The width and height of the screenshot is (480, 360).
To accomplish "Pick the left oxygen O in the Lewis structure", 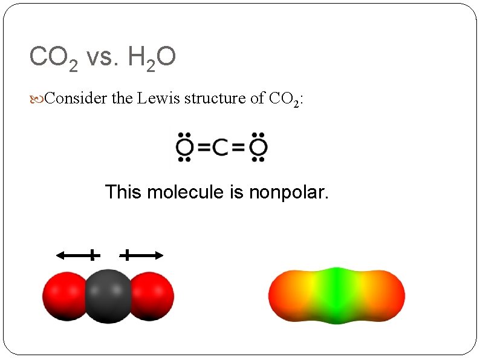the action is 184,147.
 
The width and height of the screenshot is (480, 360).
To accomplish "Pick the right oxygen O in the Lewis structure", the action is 258,147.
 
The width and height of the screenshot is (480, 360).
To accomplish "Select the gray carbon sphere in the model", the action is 109,295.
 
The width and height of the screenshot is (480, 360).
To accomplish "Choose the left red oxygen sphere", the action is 63,295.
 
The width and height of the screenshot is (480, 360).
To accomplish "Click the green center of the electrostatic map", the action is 337,295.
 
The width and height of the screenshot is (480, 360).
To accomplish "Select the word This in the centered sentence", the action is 123,192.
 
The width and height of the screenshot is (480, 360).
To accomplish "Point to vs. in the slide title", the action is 103,59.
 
